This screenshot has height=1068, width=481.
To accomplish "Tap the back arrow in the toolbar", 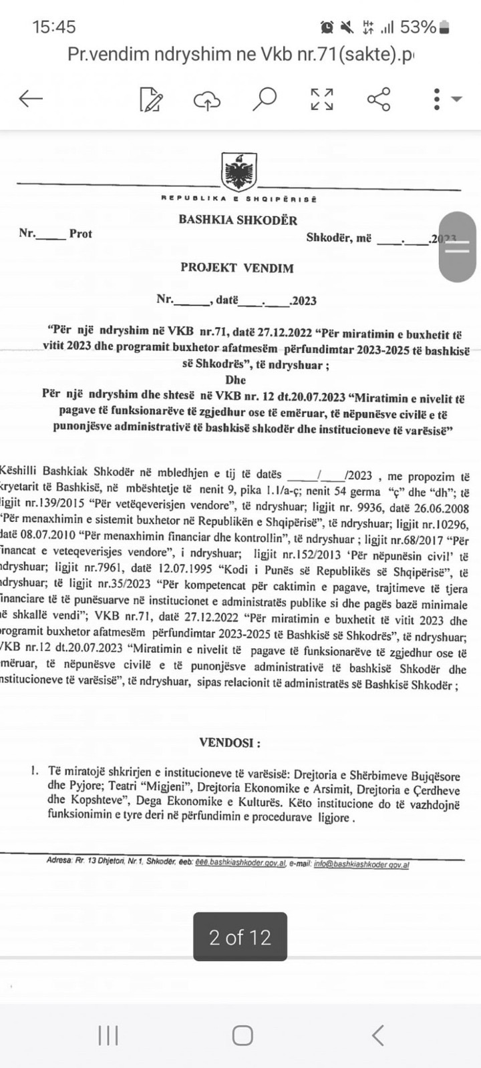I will point(31,99).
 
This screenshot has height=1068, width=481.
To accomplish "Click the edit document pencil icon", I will point(151,99).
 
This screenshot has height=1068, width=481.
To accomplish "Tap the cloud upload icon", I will point(207,99).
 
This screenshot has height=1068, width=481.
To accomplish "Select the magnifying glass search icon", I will point(264,99).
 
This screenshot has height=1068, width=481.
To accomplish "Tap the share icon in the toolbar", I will point(379,99).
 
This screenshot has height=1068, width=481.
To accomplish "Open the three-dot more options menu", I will point(437,99).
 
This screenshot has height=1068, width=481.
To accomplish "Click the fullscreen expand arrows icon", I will point(322,99).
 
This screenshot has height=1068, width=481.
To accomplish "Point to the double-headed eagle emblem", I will point(238,172).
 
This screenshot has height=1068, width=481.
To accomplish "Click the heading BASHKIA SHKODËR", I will point(238,220).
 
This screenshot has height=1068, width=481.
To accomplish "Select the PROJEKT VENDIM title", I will point(237,268).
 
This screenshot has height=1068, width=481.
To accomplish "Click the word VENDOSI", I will point(230,742).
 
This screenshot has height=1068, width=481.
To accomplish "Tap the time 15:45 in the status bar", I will point(54,27).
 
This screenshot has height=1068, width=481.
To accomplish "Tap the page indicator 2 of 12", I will point(240,937).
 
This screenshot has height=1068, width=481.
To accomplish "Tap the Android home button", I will point(242,1035).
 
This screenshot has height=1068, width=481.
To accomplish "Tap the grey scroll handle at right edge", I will point(458,247).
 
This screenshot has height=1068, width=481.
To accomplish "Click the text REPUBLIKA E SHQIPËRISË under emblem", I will point(238,198).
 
